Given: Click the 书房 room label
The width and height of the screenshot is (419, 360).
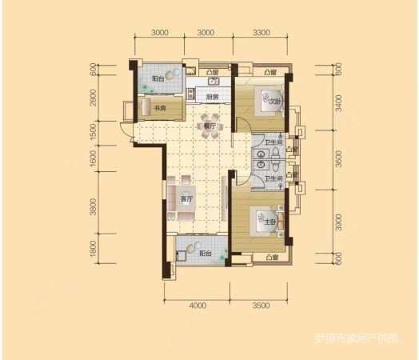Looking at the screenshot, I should point(159,109).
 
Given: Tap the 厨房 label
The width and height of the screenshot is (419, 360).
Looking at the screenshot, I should point(212,98).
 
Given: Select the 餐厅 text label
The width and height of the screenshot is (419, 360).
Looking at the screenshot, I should point(210,126).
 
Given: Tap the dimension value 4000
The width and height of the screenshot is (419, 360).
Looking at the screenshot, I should point(198,306).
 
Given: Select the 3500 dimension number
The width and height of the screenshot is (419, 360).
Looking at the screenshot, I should point(259,306).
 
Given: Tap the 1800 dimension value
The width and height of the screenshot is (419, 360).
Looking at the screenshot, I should point(94,250).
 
